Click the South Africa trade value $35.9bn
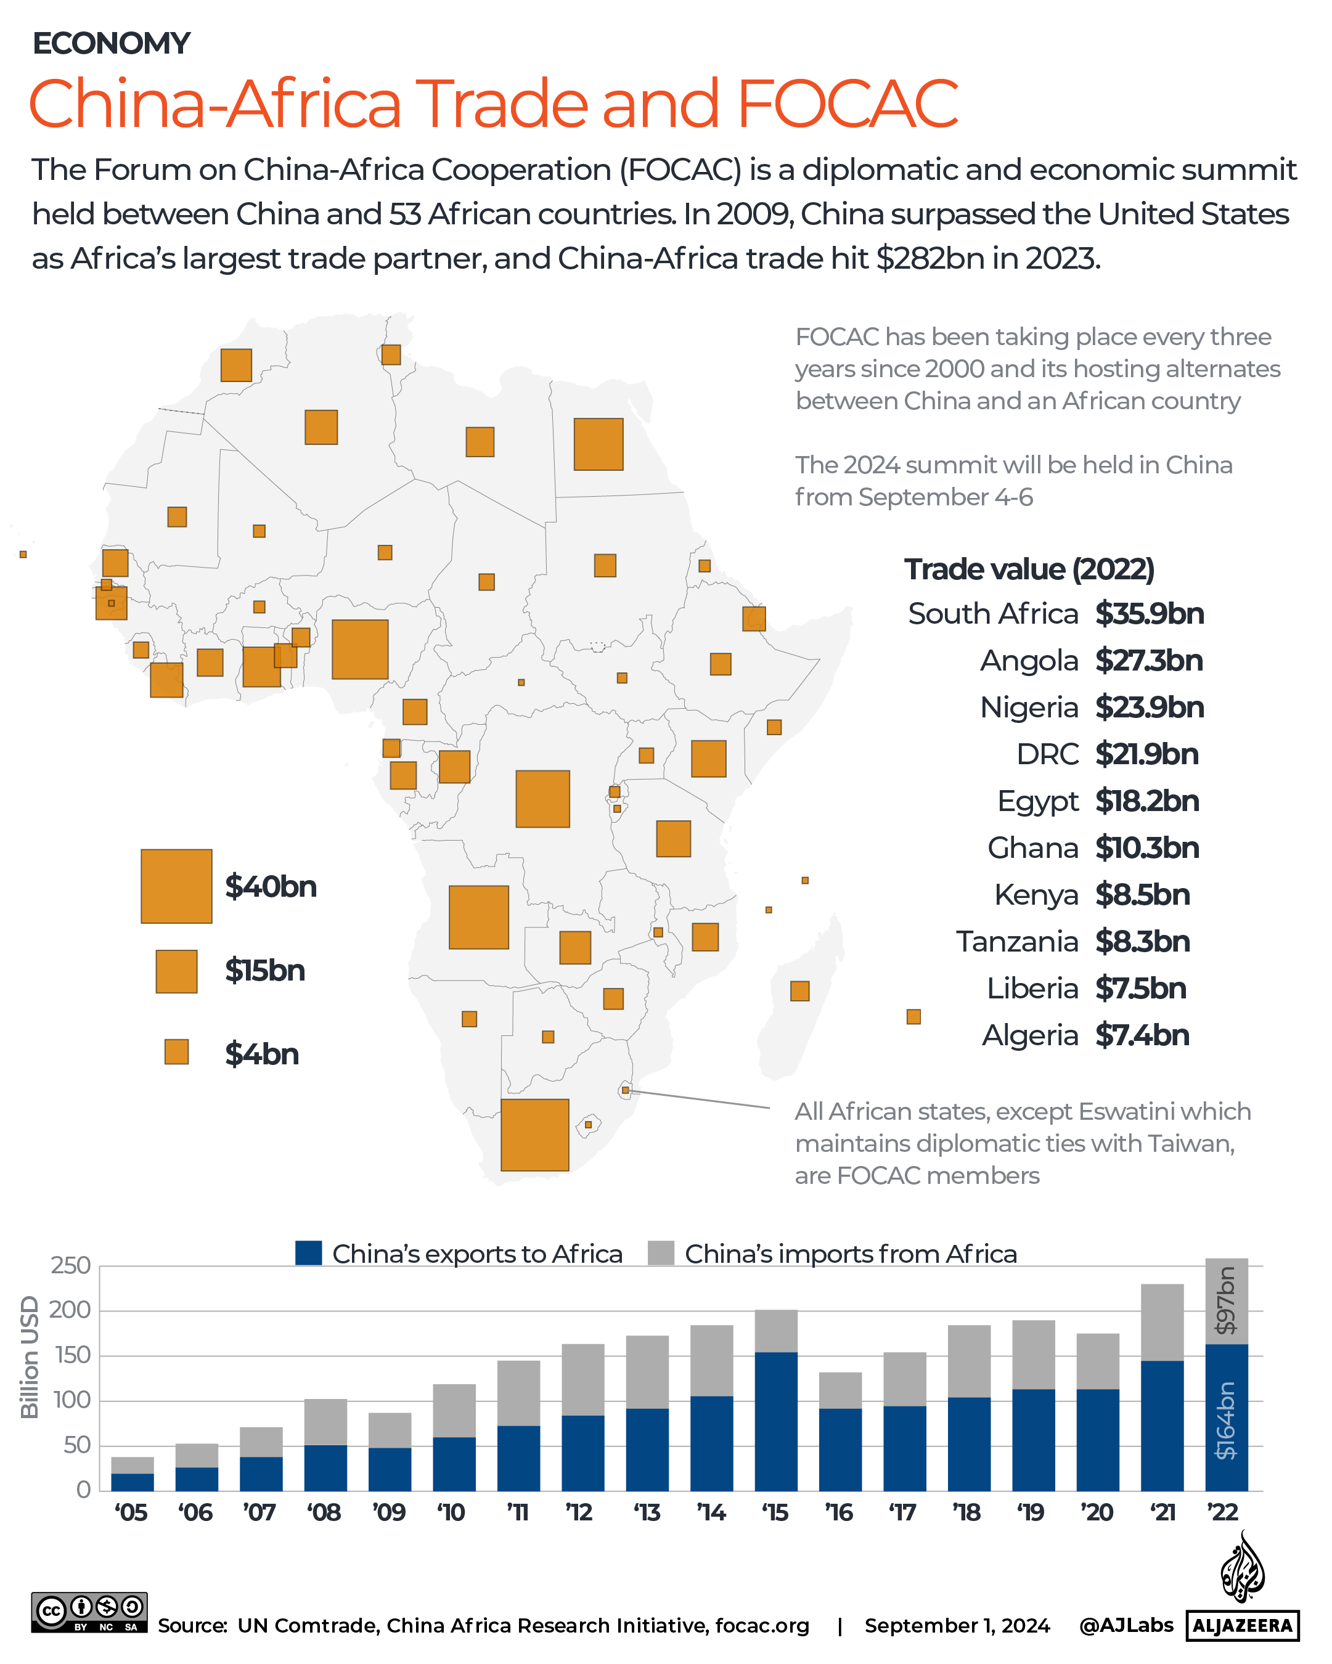point(1149,614)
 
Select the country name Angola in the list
point(1029,661)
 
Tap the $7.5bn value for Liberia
point(1140,989)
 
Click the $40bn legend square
point(176,886)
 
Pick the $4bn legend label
point(261,1054)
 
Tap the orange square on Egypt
point(598,444)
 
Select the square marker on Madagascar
point(799,991)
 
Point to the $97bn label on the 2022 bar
point(1225,1301)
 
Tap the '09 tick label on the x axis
point(389,1513)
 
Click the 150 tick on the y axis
point(70,1355)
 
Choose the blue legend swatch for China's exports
point(309,1254)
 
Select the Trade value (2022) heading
point(1029,569)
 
